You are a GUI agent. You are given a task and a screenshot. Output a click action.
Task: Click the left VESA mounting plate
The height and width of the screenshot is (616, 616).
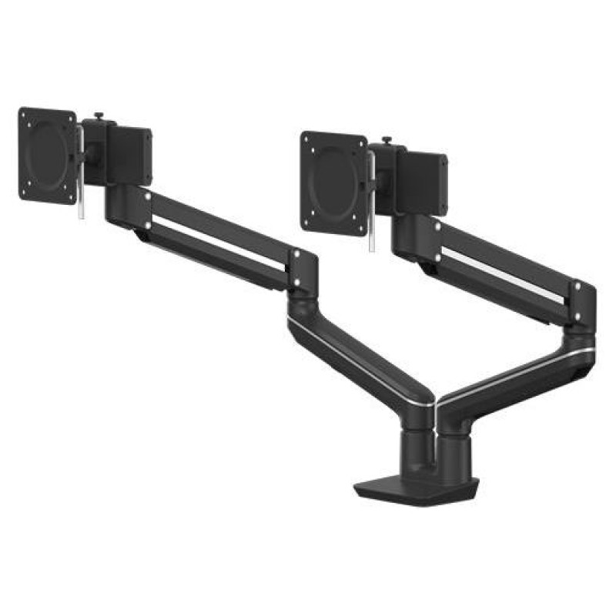pyautogui.click(x=48, y=155)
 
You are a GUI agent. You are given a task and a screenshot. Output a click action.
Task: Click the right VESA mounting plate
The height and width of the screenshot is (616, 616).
pyautogui.click(x=333, y=182)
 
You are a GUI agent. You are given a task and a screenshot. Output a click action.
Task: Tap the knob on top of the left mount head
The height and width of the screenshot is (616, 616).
pyautogui.click(x=99, y=118)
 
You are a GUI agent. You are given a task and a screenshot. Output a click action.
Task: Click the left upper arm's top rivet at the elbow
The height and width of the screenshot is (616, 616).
pyautogui.click(x=293, y=253)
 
